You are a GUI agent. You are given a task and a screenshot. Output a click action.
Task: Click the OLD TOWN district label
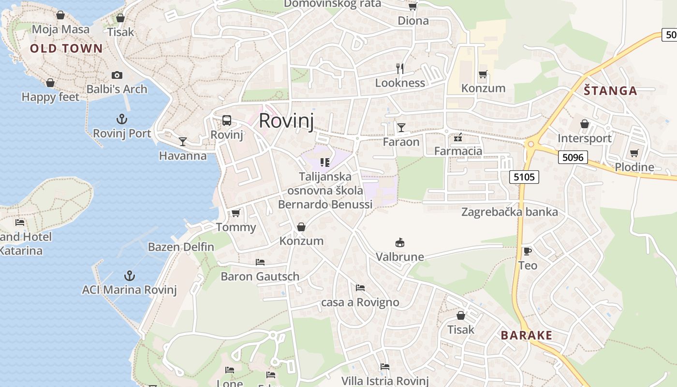(x=66, y=48)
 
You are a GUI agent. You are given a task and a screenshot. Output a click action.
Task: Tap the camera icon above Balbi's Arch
(x=117, y=75)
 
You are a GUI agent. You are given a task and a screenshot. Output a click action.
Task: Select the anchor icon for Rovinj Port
(x=122, y=119)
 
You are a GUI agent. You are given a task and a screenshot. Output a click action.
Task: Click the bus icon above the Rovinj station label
(x=226, y=120)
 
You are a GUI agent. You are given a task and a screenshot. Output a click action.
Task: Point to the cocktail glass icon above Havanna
(x=183, y=141)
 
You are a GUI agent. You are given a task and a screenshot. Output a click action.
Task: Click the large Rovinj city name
(x=286, y=120)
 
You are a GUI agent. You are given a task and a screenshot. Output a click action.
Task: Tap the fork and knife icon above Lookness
(x=400, y=68)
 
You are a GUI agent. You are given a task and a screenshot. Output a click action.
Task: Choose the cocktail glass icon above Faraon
(x=401, y=128)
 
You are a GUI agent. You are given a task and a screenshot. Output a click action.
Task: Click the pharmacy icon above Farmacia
(x=458, y=138)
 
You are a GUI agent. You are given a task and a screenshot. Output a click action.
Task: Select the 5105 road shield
(x=524, y=177)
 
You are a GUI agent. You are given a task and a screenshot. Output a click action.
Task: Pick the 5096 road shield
(x=573, y=157)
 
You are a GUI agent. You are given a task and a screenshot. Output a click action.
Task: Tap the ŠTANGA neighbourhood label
(x=610, y=90)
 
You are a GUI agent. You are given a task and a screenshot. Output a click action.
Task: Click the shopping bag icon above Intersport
(x=585, y=124)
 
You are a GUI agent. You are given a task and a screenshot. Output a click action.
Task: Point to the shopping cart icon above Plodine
(x=634, y=153)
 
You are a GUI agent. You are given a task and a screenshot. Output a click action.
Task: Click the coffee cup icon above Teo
(x=528, y=251)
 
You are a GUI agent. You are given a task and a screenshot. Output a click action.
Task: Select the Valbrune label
(x=400, y=256)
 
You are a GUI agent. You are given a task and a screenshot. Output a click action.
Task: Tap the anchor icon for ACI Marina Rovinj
(x=129, y=276)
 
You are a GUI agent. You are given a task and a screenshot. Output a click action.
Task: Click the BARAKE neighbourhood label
(x=526, y=335)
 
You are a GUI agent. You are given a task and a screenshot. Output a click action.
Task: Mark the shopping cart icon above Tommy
(x=236, y=213)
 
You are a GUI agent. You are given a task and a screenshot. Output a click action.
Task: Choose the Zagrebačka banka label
(x=510, y=212)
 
